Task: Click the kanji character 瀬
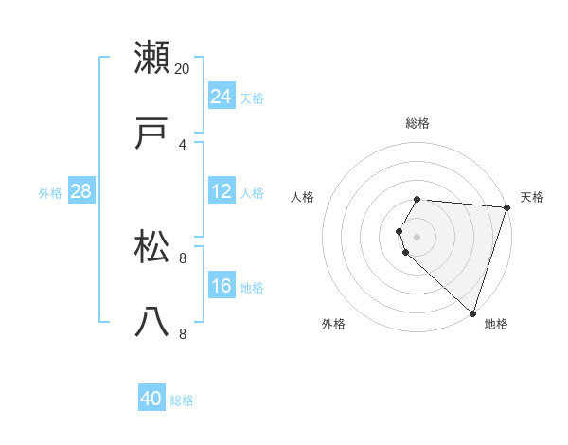152,58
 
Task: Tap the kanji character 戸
152,133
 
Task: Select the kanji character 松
152,247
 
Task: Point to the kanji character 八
152,323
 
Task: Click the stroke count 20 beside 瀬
183,68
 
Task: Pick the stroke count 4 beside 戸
183,144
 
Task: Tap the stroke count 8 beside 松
183,258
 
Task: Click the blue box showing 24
222,97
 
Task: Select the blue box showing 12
222,191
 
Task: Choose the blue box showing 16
222,286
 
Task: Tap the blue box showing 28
80,191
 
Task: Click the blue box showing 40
151,399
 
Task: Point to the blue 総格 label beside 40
182,400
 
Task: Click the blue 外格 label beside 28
50,193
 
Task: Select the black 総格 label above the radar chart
417,123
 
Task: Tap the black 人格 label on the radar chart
303,197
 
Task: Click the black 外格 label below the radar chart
333,325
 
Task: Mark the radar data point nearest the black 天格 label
506,208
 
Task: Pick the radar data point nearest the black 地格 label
473,312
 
